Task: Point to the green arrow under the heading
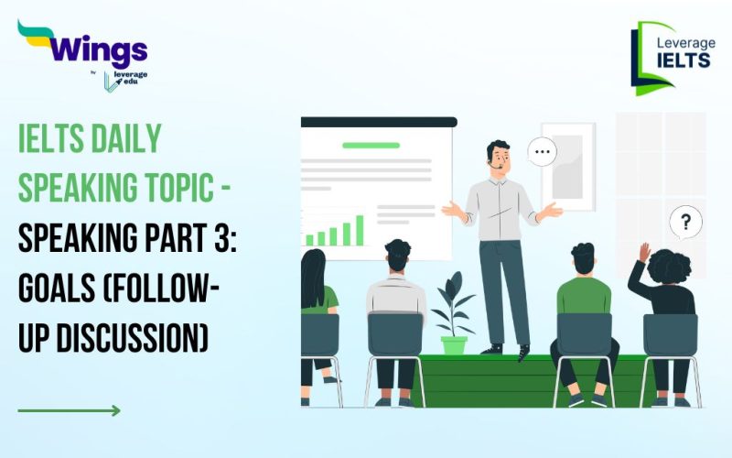click(x=69, y=410)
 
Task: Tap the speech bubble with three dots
click(x=543, y=151)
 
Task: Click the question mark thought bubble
click(x=685, y=221)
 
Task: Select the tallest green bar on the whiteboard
click(x=360, y=230)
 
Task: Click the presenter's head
click(x=498, y=157)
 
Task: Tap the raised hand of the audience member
click(x=645, y=252)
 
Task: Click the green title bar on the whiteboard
click(x=371, y=145)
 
